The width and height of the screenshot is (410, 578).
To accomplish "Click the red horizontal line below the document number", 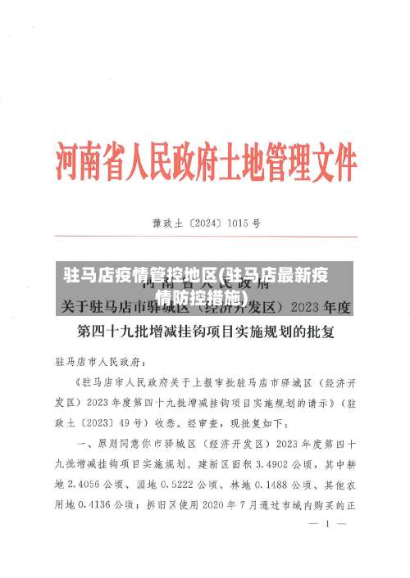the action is tap(205, 236).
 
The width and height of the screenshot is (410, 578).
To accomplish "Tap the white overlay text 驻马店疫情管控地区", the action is tap(139, 275).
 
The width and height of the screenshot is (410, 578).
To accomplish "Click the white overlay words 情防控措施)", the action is tap(202, 296).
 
